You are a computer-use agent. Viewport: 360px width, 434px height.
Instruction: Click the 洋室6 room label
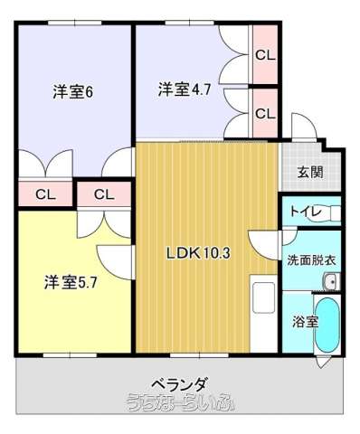[72, 92]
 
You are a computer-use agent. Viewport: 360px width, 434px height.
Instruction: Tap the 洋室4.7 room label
[184, 90]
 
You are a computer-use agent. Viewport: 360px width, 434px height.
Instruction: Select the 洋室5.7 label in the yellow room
[71, 282]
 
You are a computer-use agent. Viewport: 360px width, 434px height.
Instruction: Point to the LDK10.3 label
[198, 253]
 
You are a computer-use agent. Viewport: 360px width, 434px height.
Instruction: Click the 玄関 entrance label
[310, 173]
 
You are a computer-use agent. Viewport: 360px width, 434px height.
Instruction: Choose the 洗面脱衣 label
[311, 259]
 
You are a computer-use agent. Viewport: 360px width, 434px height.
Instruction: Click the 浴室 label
[305, 322]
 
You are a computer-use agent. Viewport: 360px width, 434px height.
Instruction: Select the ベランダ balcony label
[179, 384]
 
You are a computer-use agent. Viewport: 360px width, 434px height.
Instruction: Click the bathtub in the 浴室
[327, 325]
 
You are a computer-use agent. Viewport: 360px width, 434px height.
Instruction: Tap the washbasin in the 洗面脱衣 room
[332, 281]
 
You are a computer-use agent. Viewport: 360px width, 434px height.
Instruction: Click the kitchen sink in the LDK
[264, 297]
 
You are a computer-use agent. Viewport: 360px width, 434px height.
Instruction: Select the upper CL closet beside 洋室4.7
[265, 54]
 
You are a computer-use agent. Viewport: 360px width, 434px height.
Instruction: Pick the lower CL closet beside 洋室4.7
[265, 113]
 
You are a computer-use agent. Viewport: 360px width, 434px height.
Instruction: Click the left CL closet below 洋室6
[45, 194]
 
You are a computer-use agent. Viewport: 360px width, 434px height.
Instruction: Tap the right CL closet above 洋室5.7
[104, 194]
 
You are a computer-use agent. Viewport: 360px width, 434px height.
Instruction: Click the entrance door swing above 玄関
[304, 126]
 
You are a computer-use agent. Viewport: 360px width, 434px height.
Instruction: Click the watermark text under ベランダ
[181, 402]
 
